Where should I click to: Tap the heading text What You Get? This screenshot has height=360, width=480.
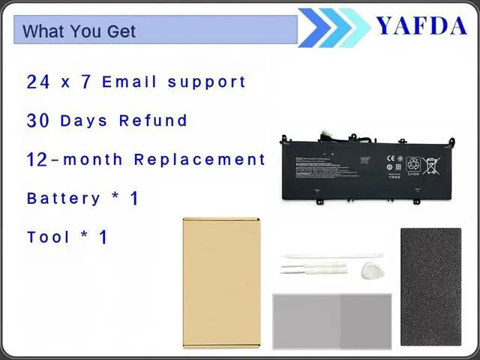pos(79,31)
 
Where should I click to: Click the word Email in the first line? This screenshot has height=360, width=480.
pos(129,82)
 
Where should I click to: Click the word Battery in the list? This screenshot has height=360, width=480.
pos(64,199)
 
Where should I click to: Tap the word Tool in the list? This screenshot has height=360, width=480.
pos(49,237)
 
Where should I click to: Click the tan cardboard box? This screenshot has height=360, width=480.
pos(221,283)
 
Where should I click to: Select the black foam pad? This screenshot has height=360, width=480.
pos(430,288)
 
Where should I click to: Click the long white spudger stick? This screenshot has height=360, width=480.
pos(331,256)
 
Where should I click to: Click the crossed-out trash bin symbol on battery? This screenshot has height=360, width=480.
pos(433,163)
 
